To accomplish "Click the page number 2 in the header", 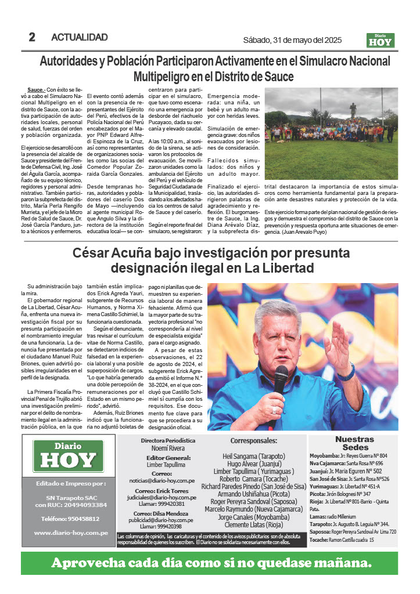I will click(x=32, y=37).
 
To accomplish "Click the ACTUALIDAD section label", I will click(x=80, y=37).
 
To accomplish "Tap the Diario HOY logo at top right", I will click(x=380, y=40).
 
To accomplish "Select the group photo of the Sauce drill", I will click(x=331, y=133).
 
